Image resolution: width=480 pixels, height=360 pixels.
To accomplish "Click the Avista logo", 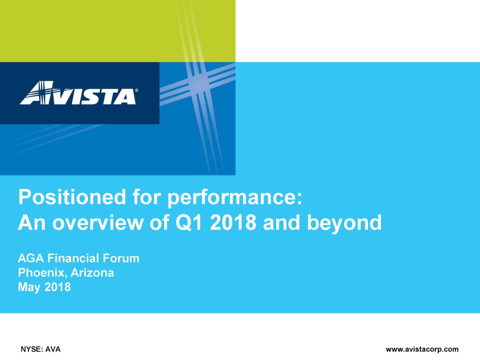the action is pos(79,93).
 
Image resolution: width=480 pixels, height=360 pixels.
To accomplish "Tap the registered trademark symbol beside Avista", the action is pos(136,90).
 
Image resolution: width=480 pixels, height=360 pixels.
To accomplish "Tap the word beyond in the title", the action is pos(344,223).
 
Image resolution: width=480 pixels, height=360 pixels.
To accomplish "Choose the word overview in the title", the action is pos(98,223).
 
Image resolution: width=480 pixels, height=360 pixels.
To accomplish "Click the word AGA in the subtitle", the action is pos(31,258).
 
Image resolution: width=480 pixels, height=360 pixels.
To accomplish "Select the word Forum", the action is pos(121,258).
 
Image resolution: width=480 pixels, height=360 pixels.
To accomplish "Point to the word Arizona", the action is pos(92,273).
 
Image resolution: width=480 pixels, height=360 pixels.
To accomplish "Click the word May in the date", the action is pos(29,287).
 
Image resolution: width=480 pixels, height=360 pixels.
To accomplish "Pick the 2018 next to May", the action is pos(58,287).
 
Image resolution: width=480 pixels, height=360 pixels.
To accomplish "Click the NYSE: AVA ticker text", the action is pos(40,349).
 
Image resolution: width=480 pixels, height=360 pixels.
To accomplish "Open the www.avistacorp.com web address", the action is pos(422,349).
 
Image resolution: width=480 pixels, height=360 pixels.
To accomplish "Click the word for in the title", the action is pos(147,197).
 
